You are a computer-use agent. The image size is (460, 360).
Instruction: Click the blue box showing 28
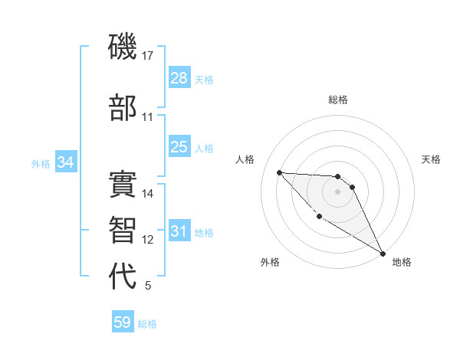[x=179, y=78]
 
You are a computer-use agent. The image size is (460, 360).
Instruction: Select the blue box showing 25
[x=179, y=147]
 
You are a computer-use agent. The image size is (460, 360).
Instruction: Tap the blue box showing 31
[x=179, y=231]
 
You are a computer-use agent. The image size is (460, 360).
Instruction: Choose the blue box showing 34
[x=65, y=162]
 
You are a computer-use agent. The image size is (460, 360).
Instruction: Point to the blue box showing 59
[x=123, y=322]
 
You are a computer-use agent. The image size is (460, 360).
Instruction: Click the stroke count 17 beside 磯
[x=148, y=56]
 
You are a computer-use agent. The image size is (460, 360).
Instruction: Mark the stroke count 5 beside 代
[x=148, y=286]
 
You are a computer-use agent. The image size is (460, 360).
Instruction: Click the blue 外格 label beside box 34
[x=41, y=163]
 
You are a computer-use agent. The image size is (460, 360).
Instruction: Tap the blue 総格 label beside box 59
[x=147, y=324]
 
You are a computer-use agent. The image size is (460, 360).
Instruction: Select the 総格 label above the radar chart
[x=338, y=100]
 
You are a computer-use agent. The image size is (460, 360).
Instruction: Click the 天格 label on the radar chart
[x=431, y=159]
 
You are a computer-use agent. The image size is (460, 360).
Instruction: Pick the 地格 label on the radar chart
[x=402, y=262]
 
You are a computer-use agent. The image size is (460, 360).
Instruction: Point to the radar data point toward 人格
[x=279, y=172]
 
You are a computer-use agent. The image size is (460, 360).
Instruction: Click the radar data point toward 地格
[x=383, y=254]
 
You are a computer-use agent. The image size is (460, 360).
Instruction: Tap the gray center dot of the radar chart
[x=338, y=191]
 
